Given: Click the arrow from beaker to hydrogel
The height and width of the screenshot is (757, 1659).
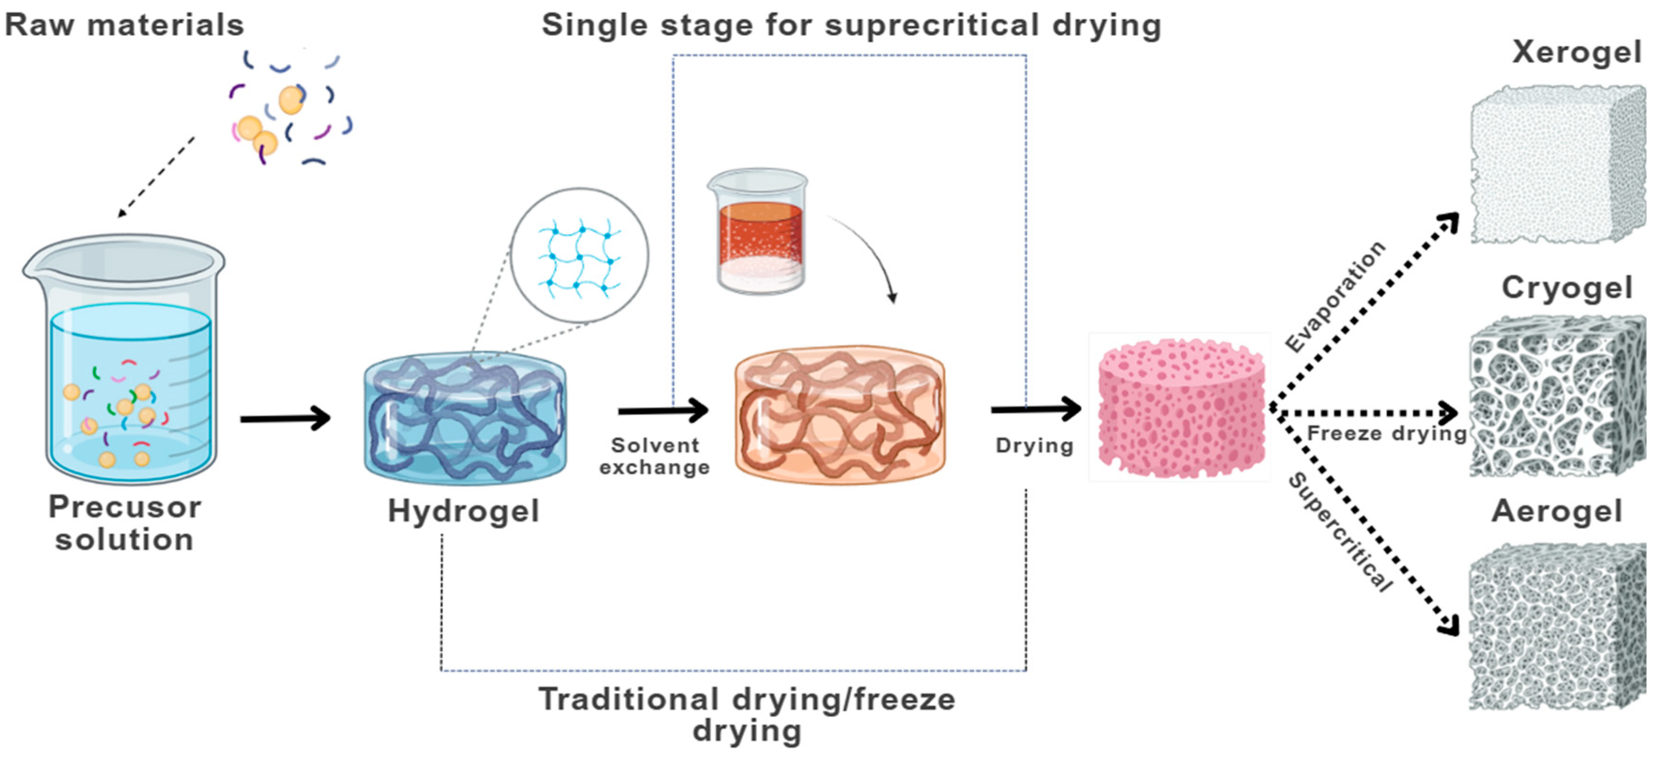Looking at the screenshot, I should click(285, 419).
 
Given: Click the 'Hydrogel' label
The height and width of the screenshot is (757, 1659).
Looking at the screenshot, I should click(463, 512).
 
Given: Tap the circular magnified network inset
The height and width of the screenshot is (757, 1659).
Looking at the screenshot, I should click(579, 256).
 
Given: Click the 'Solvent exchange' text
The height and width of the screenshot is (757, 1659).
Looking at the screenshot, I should click(654, 456).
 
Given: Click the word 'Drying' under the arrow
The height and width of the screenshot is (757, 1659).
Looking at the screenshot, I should click(1034, 445).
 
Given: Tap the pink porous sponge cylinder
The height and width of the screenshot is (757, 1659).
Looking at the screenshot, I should click(1181, 409).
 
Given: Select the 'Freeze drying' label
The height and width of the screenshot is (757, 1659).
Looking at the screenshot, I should click(1386, 434).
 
